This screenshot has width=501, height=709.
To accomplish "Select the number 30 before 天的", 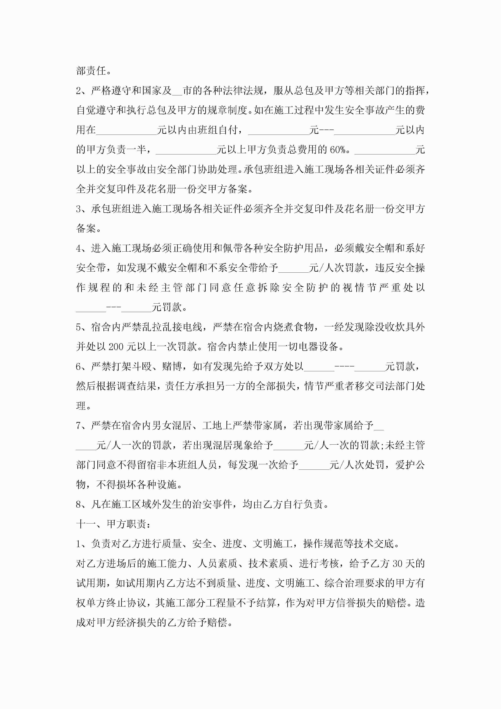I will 397,563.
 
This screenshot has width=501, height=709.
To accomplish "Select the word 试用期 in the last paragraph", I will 91,583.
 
